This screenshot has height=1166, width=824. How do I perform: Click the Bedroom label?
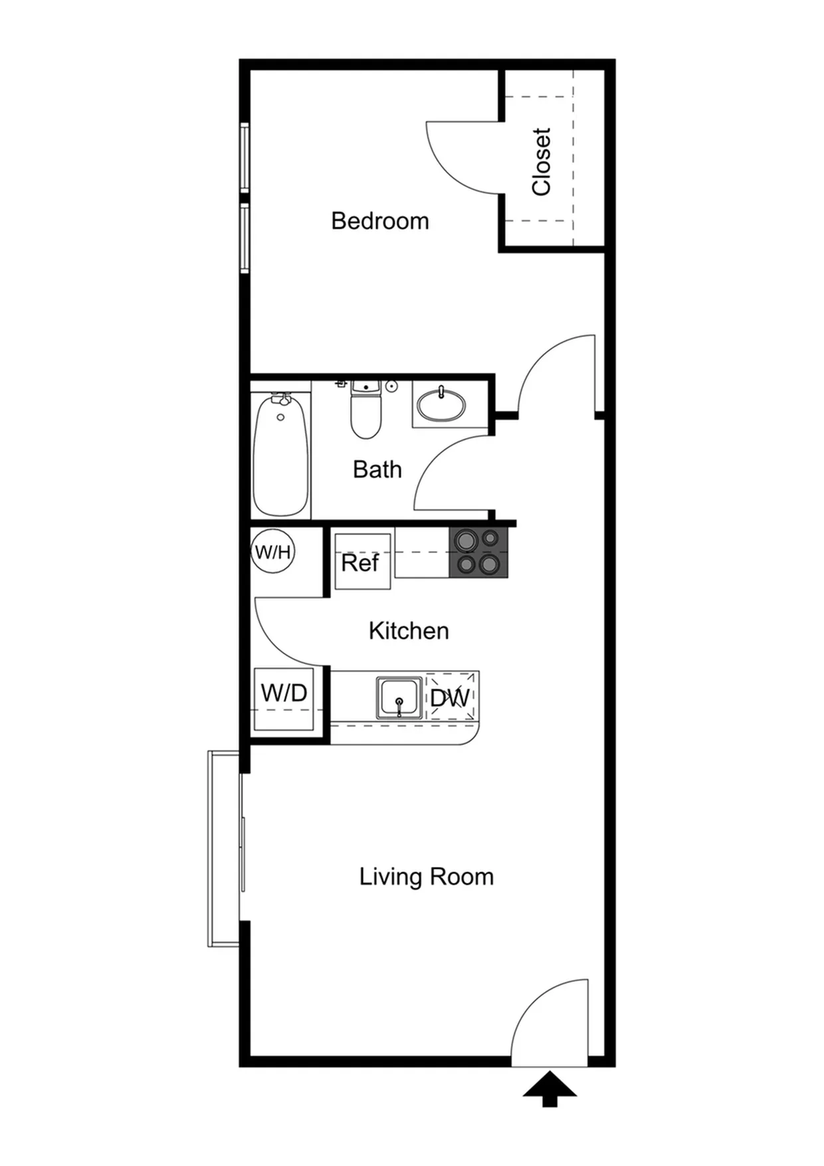tap(380, 221)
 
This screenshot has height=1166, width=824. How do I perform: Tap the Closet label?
tap(542, 162)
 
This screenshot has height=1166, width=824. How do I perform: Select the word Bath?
tap(377, 469)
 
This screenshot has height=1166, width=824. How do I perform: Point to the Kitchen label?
tap(409, 630)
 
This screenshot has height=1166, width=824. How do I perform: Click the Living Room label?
tap(427, 877)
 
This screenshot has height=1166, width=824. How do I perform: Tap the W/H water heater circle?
tap(273, 552)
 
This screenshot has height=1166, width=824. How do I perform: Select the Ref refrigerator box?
tap(362, 561)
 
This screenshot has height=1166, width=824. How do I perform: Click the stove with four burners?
tap(478, 552)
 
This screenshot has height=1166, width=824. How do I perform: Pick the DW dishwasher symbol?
tap(451, 697)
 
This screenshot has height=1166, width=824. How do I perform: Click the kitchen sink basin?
tap(399, 698)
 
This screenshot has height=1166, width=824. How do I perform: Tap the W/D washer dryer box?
tap(284, 699)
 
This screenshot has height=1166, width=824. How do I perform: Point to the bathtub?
tap(280, 455)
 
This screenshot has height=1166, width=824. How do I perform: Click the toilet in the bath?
tap(366, 409)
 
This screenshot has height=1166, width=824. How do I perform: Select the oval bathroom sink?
tap(441, 405)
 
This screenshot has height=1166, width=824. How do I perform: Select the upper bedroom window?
tap(245, 158)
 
